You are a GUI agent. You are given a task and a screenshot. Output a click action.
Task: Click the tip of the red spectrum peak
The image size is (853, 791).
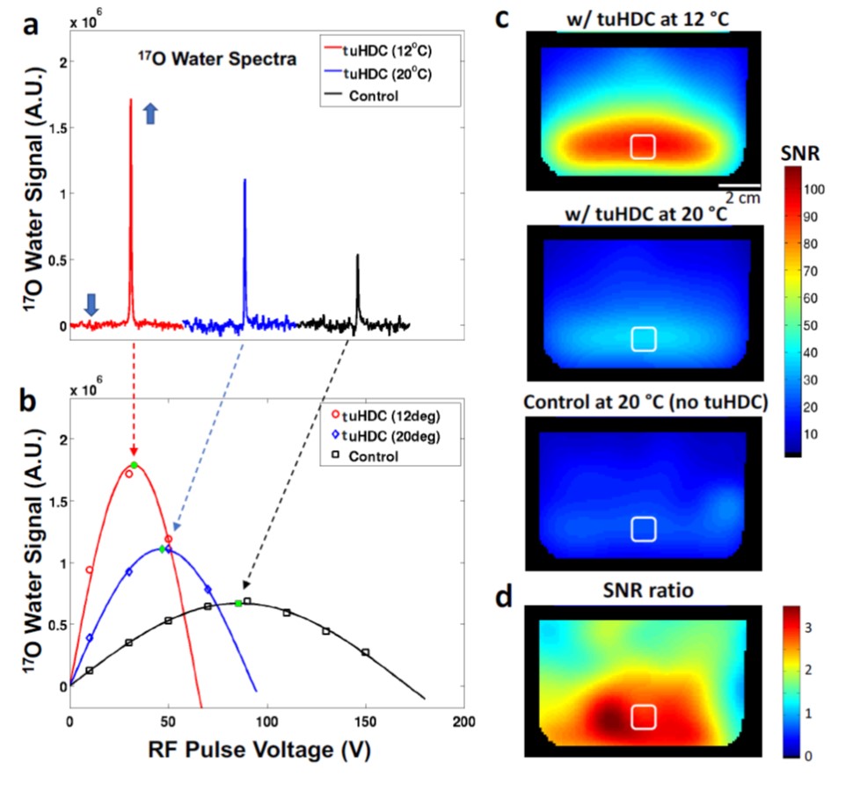131,100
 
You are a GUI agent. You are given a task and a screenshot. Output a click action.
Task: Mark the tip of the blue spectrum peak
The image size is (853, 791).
244,180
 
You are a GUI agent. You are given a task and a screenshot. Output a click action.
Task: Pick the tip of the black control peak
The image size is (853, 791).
357,256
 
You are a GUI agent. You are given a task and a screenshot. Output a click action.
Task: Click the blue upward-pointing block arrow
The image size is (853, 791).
149,113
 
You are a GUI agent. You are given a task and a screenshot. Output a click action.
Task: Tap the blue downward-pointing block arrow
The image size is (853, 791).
91,304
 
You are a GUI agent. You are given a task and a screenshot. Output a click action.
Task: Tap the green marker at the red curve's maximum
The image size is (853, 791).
134,464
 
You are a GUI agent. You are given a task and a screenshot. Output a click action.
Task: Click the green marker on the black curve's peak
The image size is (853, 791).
238,603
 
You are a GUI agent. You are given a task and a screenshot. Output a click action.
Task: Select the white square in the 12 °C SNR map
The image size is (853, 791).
643,147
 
